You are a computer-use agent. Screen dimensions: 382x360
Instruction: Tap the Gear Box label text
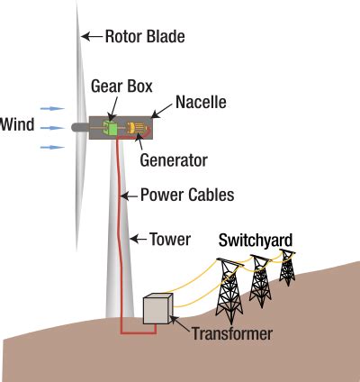[x=121, y=86]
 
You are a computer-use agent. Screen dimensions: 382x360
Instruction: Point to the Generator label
[x=174, y=161]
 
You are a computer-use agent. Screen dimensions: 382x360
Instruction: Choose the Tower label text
[x=170, y=240]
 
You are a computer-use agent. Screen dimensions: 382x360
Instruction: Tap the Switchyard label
[x=256, y=241]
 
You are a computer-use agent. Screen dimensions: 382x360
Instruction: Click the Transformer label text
[x=231, y=334]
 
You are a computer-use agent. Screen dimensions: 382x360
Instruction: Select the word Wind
[x=18, y=124]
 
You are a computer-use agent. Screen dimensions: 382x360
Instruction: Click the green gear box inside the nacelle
[x=112, y=129]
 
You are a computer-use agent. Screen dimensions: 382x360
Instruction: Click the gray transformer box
[x=157, y=308]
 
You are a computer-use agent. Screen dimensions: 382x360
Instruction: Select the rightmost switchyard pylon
[x=287, y=267]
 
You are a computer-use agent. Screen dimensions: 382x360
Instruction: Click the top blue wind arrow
[x=53, y=108]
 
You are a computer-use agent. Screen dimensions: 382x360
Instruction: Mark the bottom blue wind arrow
[x=53, y=146]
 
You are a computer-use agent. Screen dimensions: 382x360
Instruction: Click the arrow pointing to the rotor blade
[x=91, y=37]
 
